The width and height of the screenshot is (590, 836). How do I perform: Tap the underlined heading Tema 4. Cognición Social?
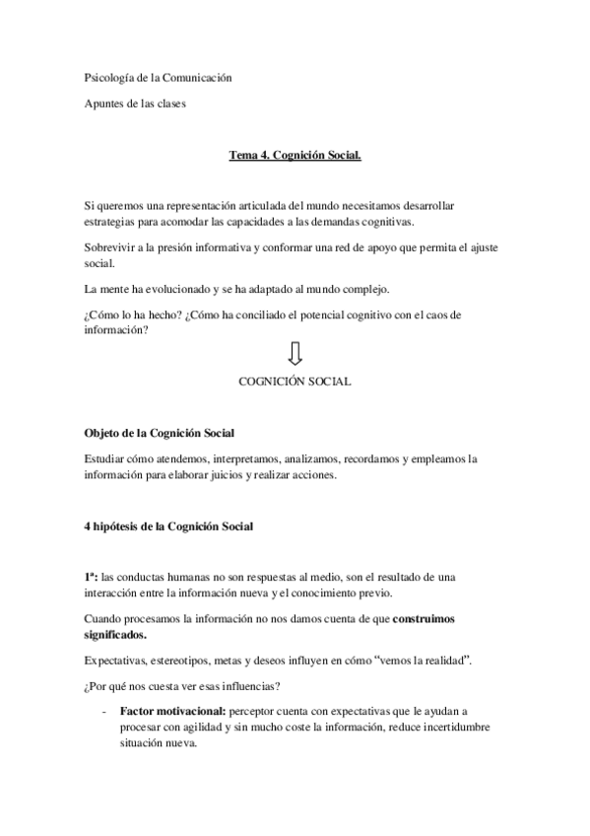pyautogui.click(x=295, y=155)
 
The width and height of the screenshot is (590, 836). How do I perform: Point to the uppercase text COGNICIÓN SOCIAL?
pyautogui.click(x=295, y=381)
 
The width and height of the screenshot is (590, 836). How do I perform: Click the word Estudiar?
pyautogui.click(x=107, y=458)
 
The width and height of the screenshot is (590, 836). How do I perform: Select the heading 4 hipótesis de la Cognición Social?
pyautogui.click(x=168, y=526)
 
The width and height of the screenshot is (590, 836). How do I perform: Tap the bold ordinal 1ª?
pyautogui.click(x=92, y=576)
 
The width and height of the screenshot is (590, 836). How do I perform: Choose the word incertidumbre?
pyautogui.click(x=456, y=728)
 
